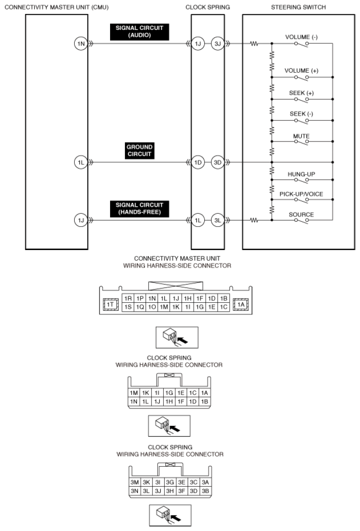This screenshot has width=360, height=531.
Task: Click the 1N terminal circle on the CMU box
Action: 81,44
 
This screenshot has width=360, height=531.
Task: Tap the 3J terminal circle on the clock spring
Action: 218,44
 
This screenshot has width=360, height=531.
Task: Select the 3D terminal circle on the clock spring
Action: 218,162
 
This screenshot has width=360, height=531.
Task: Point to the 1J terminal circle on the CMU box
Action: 81,221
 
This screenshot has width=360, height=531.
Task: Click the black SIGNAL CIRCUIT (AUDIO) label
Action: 139,32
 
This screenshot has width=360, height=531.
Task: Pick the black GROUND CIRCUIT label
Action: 139,151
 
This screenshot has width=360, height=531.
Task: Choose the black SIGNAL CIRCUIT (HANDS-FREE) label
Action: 139,209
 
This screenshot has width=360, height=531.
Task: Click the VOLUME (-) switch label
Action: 301,37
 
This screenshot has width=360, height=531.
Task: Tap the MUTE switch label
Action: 301,136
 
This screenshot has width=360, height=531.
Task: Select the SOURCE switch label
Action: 301,215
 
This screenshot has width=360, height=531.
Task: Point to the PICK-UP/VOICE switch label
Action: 301,194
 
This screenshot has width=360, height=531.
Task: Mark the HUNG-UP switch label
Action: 301,174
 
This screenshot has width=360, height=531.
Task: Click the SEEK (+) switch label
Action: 301,93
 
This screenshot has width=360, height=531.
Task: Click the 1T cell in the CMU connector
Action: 111,305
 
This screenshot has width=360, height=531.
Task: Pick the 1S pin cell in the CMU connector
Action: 128,307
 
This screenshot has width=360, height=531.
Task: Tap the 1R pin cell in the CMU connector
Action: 128,298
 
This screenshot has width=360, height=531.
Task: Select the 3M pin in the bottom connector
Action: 134,482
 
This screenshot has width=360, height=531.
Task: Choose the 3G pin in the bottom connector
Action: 170,482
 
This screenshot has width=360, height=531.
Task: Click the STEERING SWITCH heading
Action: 298,7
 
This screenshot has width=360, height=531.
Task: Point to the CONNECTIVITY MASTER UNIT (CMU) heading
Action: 57,7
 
